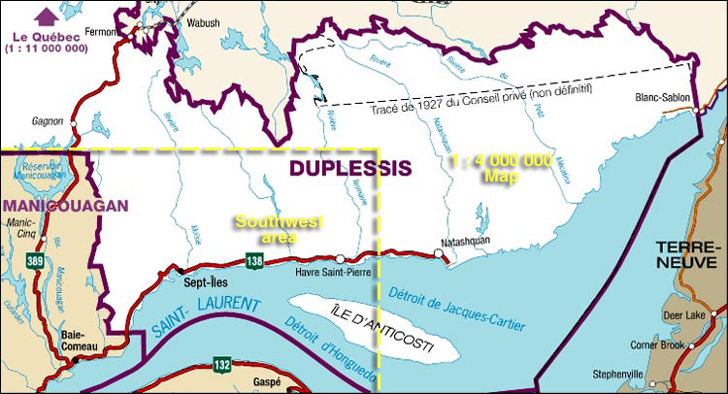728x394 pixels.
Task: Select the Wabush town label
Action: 204,21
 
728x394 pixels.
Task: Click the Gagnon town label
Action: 47,122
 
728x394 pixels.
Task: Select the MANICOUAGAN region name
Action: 65,206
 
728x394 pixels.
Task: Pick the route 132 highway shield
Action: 222,364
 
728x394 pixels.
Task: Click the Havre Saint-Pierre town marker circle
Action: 341,258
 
